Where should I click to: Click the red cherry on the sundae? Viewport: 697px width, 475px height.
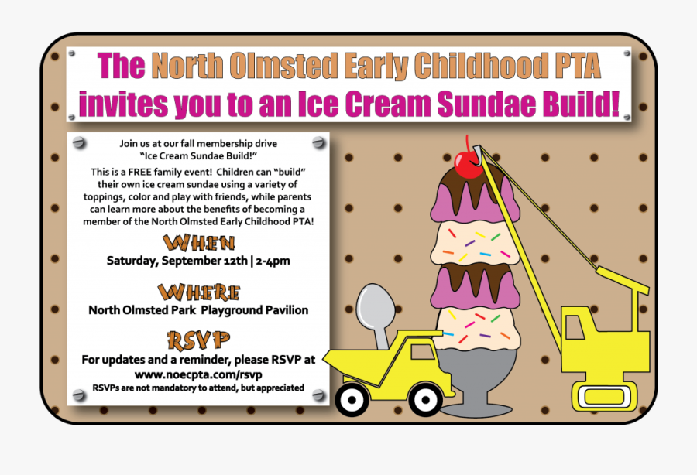coord(467,164)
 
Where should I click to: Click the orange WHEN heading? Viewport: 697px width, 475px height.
coord(198,243)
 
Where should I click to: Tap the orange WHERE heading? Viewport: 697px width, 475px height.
coord(198,292)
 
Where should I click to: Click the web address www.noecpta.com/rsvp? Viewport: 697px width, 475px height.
coord(198,374)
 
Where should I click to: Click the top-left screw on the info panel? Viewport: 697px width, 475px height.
coord(77,144)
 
